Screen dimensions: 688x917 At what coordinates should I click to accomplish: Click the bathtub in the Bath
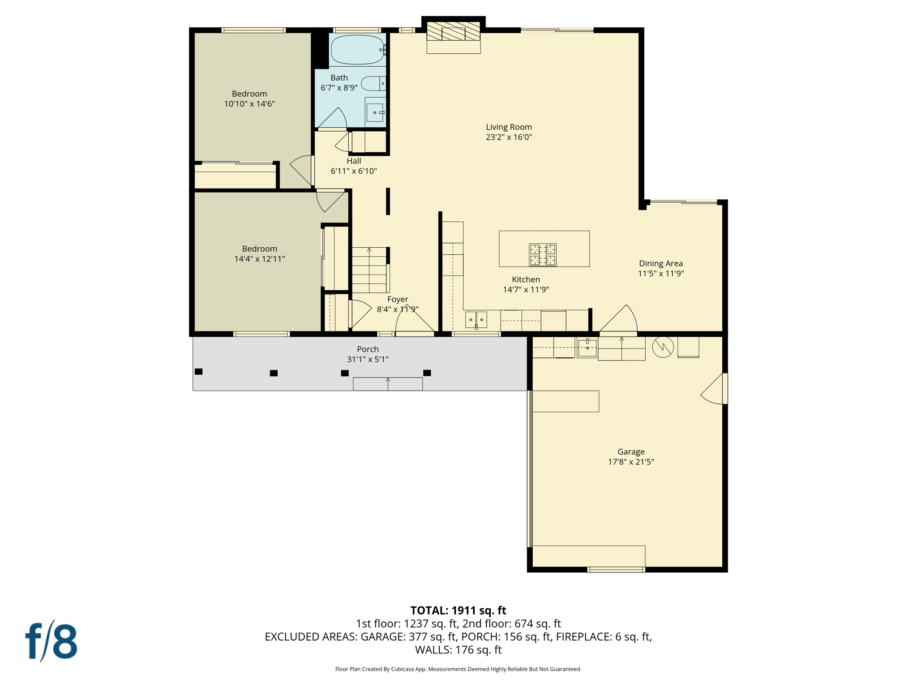tap(357, 50)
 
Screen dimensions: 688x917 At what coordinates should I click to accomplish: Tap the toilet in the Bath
tap(373, 83)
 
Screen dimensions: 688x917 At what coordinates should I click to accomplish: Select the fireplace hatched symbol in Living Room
tap(453, 32)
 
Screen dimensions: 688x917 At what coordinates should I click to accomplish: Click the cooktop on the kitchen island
tap(543, 254)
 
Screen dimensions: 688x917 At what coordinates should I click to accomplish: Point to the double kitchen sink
tap(476, 319)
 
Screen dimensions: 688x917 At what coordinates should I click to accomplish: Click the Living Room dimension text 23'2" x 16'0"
tap(509, 137)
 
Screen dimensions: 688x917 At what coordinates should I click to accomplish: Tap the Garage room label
tap(630, 451)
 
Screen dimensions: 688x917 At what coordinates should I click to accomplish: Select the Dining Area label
tap(660, 263)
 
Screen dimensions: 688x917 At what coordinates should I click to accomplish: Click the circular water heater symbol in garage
tap(663, 347)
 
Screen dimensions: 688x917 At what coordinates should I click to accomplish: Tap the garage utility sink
tap(587, 347)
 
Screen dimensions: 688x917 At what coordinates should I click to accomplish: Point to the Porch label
tap(368, 349)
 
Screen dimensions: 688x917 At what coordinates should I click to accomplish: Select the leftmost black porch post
tap(199, 371)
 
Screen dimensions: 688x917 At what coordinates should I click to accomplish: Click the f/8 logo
tap(51, 641)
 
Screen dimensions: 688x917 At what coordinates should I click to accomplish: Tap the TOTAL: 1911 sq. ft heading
tap(458, 611)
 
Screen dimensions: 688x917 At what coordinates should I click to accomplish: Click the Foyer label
tap(398, 299)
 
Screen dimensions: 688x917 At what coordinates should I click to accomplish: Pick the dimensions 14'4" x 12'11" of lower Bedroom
tap(260, 258)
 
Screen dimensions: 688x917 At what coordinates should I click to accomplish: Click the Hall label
tap(354, 161)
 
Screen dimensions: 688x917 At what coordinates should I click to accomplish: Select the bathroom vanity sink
tap(375, 112)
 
